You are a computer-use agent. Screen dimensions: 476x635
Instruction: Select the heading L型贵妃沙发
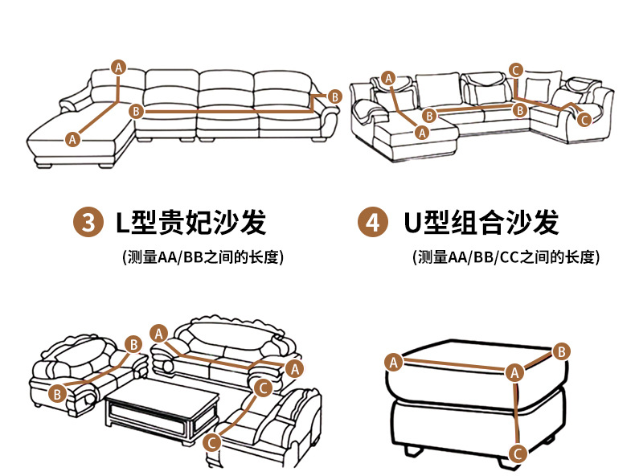pos(190,223)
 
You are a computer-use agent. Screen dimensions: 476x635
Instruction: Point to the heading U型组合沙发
pos(481,223)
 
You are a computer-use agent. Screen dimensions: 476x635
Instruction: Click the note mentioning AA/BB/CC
pos(506,257)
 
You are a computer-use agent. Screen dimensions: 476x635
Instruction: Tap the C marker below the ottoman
pos(518,453)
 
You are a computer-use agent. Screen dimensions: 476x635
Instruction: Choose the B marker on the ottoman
pos(562,351)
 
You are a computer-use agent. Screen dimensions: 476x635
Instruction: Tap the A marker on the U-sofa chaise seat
pos(421,131)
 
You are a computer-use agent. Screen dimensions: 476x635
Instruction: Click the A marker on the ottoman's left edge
pos(394,362)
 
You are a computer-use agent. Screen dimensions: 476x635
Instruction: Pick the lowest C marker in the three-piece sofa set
pos(212,441)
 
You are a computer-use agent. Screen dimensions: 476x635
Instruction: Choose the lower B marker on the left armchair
pos(57,393)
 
